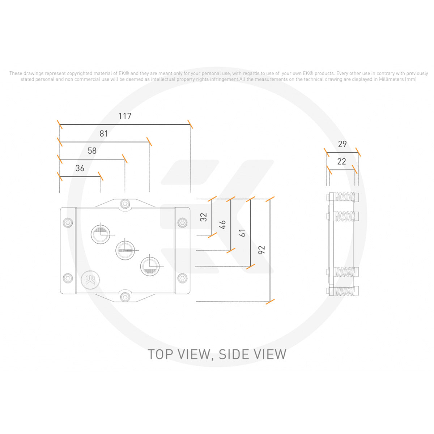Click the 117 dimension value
125,116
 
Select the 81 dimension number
104,133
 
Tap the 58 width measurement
92,151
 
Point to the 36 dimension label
80,168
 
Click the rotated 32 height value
204,217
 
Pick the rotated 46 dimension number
223,225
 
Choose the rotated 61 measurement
243,233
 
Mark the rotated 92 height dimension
262,250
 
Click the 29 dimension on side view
342,144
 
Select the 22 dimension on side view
341,161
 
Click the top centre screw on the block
125,204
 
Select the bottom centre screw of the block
125,296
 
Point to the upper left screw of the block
68,222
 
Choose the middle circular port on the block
125,250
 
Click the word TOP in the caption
161,354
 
